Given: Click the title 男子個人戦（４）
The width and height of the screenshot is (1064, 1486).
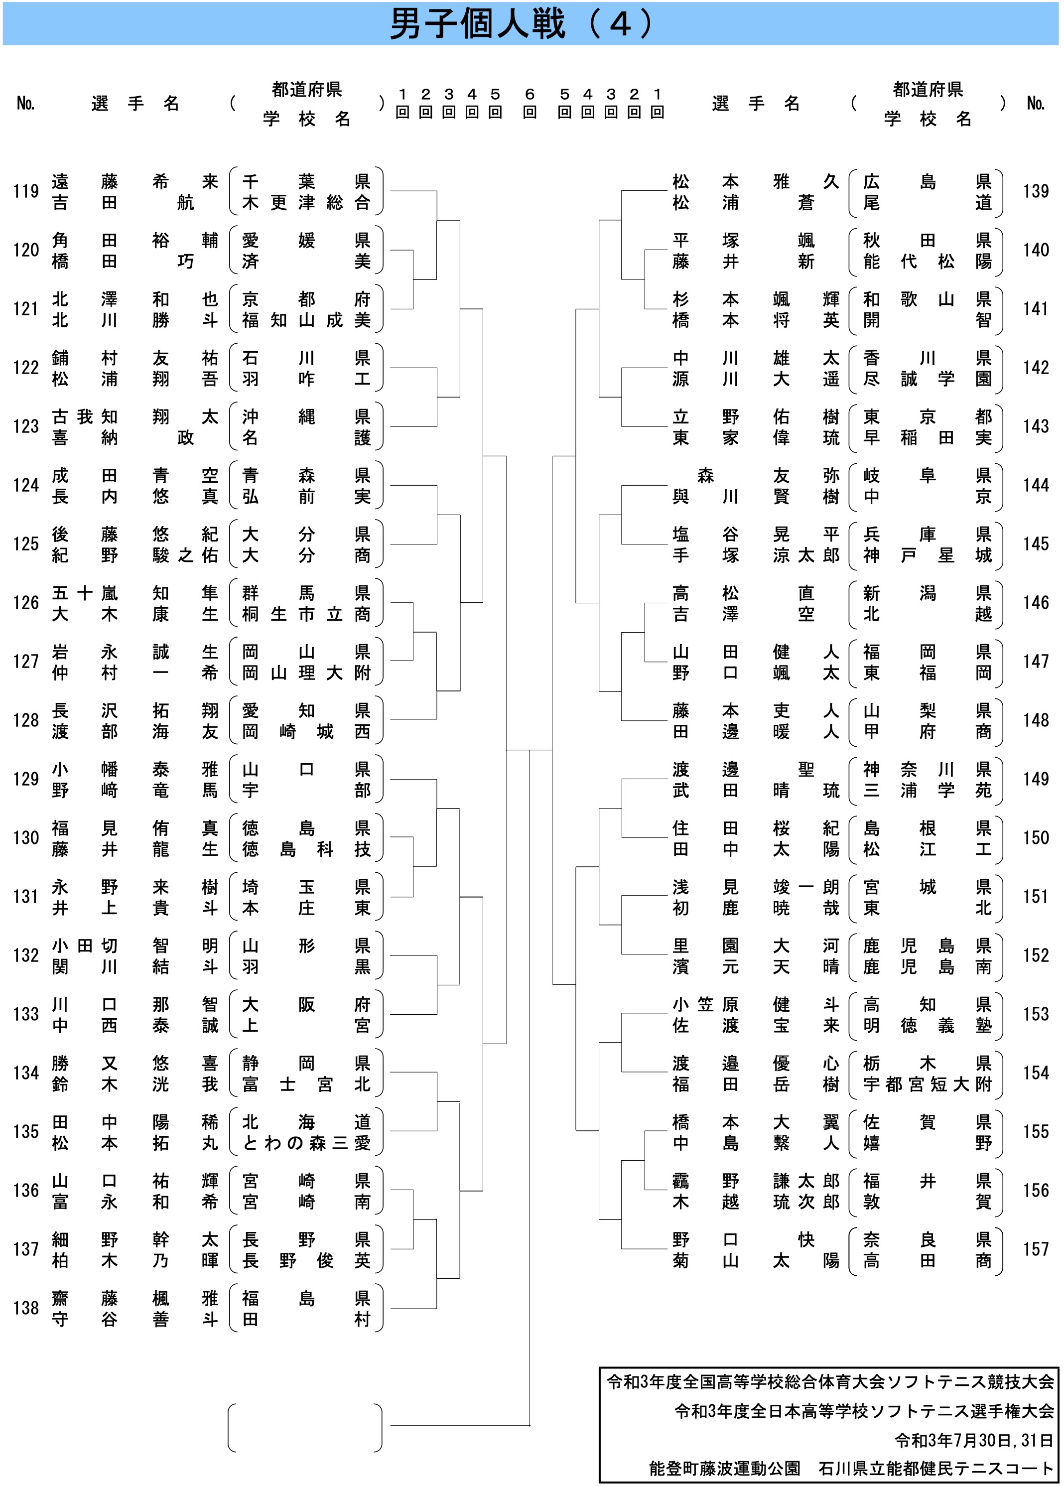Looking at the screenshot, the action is click(522, 24).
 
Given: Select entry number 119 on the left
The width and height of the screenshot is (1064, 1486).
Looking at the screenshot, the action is click(26, 191).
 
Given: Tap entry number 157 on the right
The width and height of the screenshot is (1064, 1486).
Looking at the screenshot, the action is click(1036, 1249).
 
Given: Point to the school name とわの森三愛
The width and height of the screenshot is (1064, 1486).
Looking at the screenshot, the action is click(306, 1143).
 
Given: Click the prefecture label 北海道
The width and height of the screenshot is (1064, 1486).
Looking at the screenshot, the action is click(306, 1122).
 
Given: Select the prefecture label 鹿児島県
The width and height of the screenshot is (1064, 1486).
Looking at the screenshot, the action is click(927, 946).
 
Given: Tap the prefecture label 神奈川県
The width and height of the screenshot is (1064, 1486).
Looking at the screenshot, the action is click(927, 769).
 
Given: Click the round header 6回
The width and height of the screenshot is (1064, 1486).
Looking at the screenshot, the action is click(530, 103).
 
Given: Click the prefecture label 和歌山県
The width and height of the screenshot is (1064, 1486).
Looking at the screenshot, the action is click(927, 299).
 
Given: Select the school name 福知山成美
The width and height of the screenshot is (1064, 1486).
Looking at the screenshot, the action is click(306, 320).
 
